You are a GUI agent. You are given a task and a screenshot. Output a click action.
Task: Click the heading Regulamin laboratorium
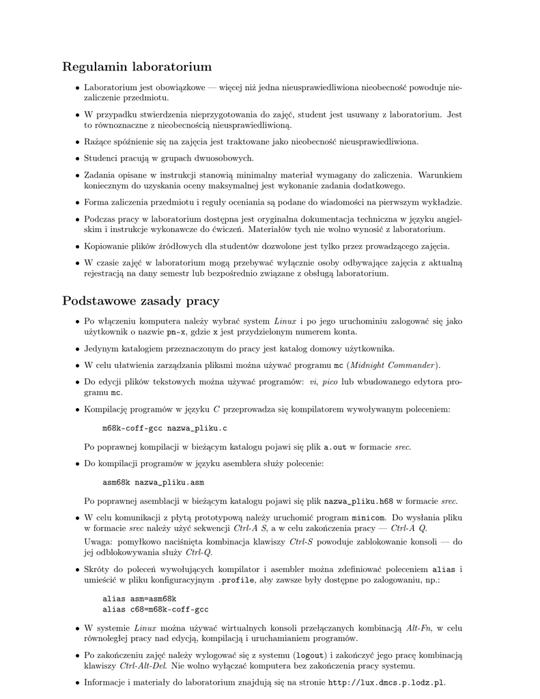click(x=137, y=67)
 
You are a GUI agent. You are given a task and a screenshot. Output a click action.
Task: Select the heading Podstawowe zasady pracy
click(x=141, y=301)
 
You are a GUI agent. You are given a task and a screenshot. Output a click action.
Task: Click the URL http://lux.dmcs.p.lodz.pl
click(x=386, y=682)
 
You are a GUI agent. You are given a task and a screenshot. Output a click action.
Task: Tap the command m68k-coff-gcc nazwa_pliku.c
click(x=165, y=428)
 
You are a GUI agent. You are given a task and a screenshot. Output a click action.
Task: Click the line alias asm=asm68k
click(x=139, y=598)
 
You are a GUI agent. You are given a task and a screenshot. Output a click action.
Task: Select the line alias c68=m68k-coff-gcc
click(x=155, y=609)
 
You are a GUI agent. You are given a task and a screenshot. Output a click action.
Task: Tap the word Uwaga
click(x=98, y=541)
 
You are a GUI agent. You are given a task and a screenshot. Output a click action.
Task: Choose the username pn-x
click(x=177, y=332)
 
